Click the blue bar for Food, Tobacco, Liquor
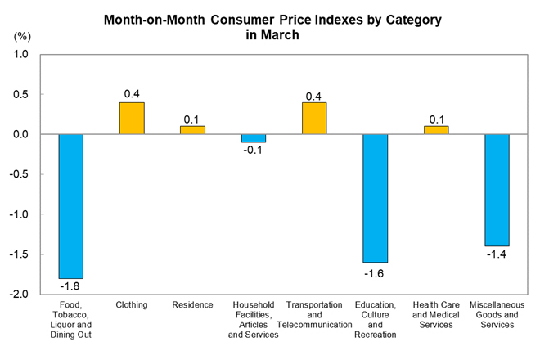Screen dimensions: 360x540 (71, 206)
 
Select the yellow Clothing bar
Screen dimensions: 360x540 (132, 119)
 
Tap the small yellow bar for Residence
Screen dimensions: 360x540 (193, 130)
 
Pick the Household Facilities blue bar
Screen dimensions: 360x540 (254, 138)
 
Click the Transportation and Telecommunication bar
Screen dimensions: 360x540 (314, 119)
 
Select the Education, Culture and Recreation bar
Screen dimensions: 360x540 (376, 198)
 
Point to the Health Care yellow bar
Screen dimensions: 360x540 (436, 130)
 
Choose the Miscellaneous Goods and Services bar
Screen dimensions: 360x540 (497, 190)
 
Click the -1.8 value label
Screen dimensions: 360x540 (71, 287)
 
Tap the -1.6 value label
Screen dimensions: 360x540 (376, 271)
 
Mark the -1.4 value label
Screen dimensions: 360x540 (497, 255)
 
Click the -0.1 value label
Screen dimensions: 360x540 (254, 152)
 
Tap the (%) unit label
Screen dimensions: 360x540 (21, 37)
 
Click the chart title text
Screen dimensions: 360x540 (272, 26)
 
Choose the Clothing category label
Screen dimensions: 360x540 (132, 305)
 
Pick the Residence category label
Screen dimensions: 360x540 (193, 305)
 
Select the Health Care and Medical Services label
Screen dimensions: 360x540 (436, 315)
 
